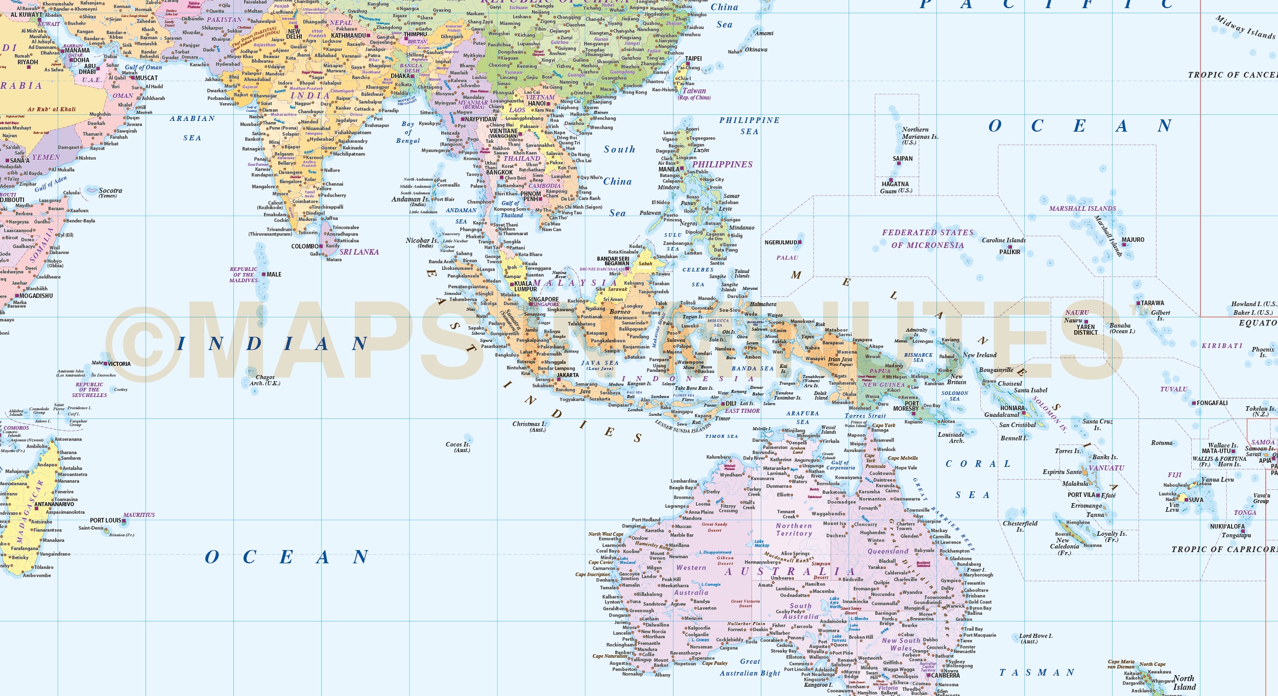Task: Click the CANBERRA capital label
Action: click(x=945, y=676)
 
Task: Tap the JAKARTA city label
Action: click(x=568, y=375)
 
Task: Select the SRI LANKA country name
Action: click(x=359, y=252)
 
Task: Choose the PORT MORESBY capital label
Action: click(x=906, y=406)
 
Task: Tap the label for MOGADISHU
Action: click(x=36, y=296)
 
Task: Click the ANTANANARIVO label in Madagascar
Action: click(x=54, y=504)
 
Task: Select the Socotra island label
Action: click(x=110, y=191)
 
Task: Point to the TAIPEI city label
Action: click(x=693, y=59)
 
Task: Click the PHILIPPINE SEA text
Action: click(x=749, y=126)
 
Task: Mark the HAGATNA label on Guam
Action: click(x=895, y=184)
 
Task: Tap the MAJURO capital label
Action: click(x=1132, y=240)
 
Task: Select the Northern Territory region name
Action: click(x=793, y=530)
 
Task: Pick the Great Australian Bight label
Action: click(x=750, y=667)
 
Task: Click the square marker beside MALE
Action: click(x=263, y=275)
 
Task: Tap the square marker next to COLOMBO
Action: click(x=321, y=246)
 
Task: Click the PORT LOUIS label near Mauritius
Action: click(x=106, y=520)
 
